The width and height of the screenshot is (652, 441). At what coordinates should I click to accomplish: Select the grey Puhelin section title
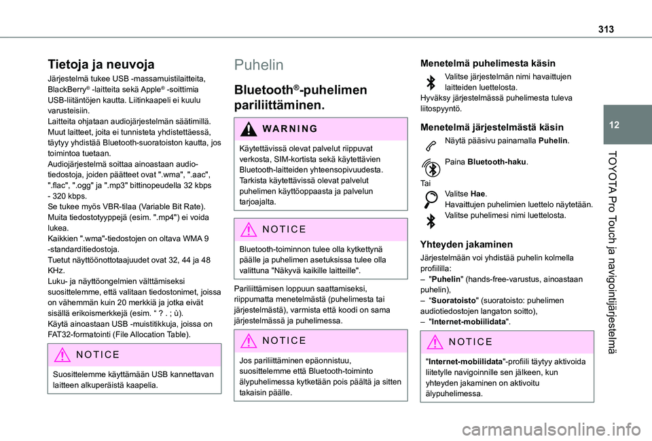[259, 65]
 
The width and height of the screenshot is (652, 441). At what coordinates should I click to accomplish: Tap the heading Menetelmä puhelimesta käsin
[488, 63]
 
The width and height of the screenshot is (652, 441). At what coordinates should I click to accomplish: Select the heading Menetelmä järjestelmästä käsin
[492, 126]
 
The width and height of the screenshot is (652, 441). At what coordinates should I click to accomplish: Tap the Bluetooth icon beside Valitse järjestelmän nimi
[429, 82]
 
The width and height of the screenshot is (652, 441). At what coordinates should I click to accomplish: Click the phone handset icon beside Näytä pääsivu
[429, 143]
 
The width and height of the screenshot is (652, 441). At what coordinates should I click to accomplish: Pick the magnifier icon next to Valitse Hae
[429, 199]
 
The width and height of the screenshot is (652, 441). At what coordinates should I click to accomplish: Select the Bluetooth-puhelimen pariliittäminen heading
[301, 97]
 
